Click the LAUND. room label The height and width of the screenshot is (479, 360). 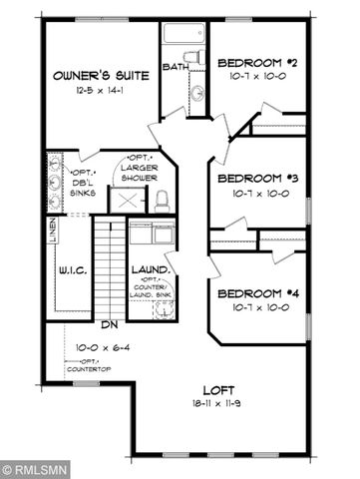pyautogui.click(x=150, y=270)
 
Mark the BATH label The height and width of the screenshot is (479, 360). pyautogui.click(x=175, y=68)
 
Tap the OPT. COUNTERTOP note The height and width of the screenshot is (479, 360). pyautogui.click(x=90, y=364)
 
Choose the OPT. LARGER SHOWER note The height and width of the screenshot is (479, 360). pyautogui.click(x=140, y=169)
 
